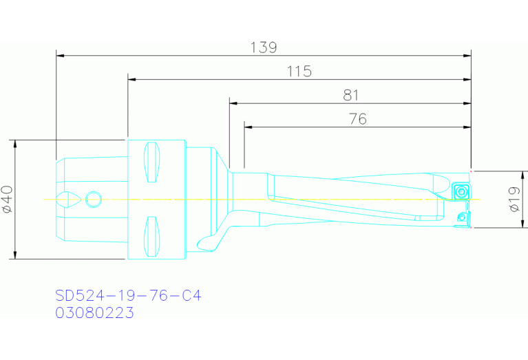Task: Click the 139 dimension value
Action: pyautogui.click(x=264, y=47)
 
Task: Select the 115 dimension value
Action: pyautogui.click(x=299, y=71)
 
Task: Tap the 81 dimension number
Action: pyautogui.click(x=350, y=95)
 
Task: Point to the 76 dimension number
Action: pyautogui.click(x=358, y=119)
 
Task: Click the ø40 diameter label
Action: pyautogui.click(x=8, y=200)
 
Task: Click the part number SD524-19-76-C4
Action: pyautogui.click(x=128, y=296)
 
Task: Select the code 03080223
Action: pyautogui.click(x=94, y=313)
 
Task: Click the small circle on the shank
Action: pyautogui.click(x=93, y=200)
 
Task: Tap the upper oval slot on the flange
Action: pyautogui.click(x=151, y=162)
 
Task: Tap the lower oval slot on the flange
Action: pyautogui.click(x=151, y=236)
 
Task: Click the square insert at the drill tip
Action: pyautogui.click(x=461, y=190)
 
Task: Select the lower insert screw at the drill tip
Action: pyautogui.click(x=463, y=218)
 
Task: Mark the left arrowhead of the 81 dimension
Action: pyautogui.click(x=233, y=103)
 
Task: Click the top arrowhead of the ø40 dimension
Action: pyautogui.click(x=15, y=142)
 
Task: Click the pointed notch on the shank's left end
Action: pyautogui.click(x=69, y=200)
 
